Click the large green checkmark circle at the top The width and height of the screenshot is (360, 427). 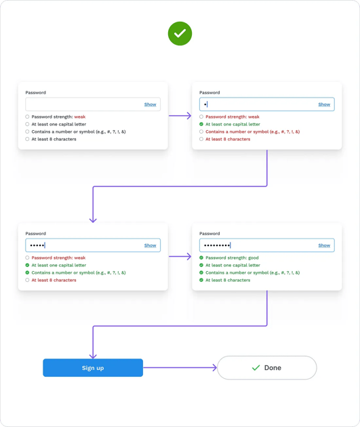click(x=180, y=33)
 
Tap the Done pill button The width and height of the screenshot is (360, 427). click(x=266, y=367)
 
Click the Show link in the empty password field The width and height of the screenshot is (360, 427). click(x=150, y=104)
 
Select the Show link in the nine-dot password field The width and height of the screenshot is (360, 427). click(x=324, y=245)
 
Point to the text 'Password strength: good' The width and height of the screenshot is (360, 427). click(x=232, y=258)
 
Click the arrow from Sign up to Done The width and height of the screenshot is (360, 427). click(x=180, y=368)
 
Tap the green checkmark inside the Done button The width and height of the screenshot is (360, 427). click(x=256, y=368)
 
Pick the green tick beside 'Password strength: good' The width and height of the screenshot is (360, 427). click(x=201, y=258)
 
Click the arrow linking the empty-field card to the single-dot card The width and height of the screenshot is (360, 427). click(x=180, y=116)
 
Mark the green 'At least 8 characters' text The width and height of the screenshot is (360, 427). click(x=227, y=280)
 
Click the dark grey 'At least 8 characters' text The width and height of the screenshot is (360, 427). click(x=54, y=139)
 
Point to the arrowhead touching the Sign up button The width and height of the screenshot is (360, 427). click(x=93, y=355)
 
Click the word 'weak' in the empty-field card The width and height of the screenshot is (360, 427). click(x=80, y=117)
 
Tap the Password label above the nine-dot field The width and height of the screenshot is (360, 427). click(x=209, y=233)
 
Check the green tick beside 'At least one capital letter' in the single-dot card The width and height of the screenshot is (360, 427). click(x=201, y=124)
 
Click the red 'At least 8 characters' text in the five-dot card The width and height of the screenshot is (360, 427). click(x=54, y=280)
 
